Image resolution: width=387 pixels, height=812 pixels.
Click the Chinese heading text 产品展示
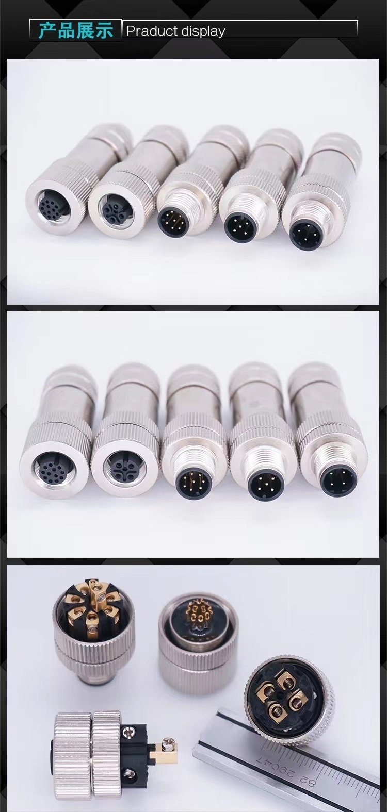[x=76, y=30]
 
